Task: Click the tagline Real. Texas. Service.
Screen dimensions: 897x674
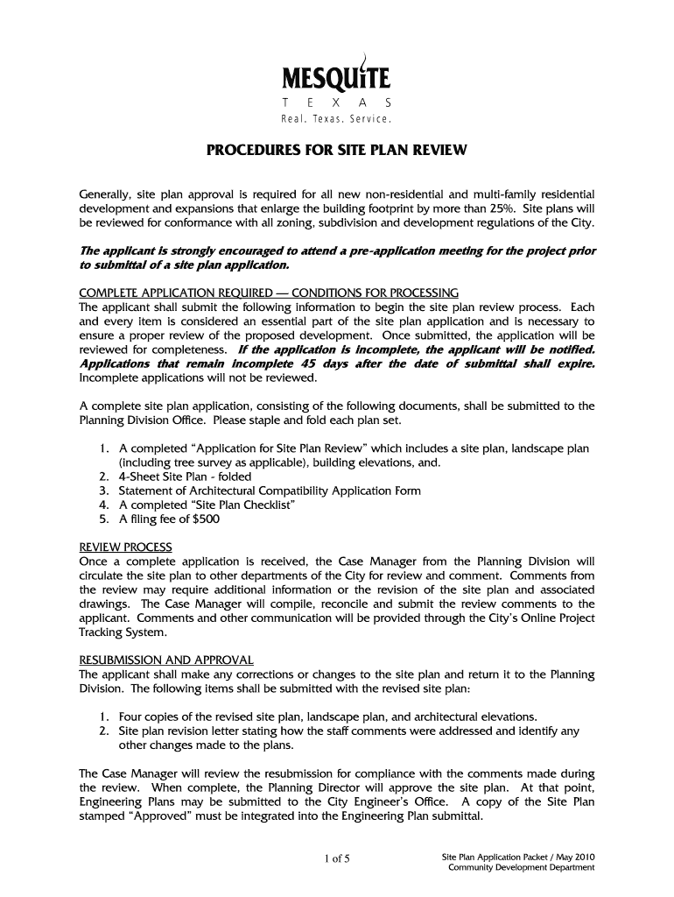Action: [x=335, y=118]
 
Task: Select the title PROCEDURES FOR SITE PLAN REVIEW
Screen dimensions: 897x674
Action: [x=336, y=151]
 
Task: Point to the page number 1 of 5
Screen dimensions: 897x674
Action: [x=336, y=859]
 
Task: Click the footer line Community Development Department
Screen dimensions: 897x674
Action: [x=522, y=868]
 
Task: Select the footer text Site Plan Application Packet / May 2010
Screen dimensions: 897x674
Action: [x=519, y=856]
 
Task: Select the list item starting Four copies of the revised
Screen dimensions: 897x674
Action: [x=328, y=716]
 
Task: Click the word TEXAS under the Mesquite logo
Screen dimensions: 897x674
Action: [x=335, y=102]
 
